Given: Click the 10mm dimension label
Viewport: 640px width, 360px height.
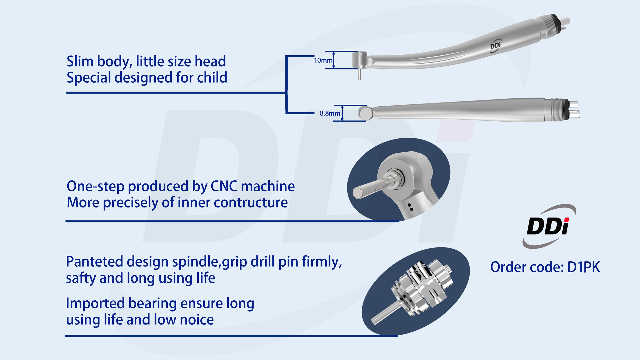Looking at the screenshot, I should pos(323,60).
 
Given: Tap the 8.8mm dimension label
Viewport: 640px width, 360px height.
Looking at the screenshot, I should pos(330,113).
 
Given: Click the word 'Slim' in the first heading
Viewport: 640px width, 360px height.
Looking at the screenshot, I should pos(80,61).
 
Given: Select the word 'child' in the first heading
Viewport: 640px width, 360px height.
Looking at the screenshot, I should pos(212,78).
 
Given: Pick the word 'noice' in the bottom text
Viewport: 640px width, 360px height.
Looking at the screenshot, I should pos(197,320).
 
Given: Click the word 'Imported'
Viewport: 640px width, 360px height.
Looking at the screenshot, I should pos(95,303).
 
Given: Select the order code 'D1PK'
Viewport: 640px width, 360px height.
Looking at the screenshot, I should pos(583,267).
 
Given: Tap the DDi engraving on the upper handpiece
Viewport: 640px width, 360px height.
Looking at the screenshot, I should pos(495,46).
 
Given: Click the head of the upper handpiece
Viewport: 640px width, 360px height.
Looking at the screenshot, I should pos(360,60).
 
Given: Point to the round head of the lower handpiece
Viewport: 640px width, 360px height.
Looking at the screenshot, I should pos(366,113).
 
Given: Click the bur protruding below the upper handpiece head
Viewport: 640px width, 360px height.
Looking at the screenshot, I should pos(360,74).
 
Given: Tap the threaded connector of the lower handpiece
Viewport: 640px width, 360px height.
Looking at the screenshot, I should pos(556,110).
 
